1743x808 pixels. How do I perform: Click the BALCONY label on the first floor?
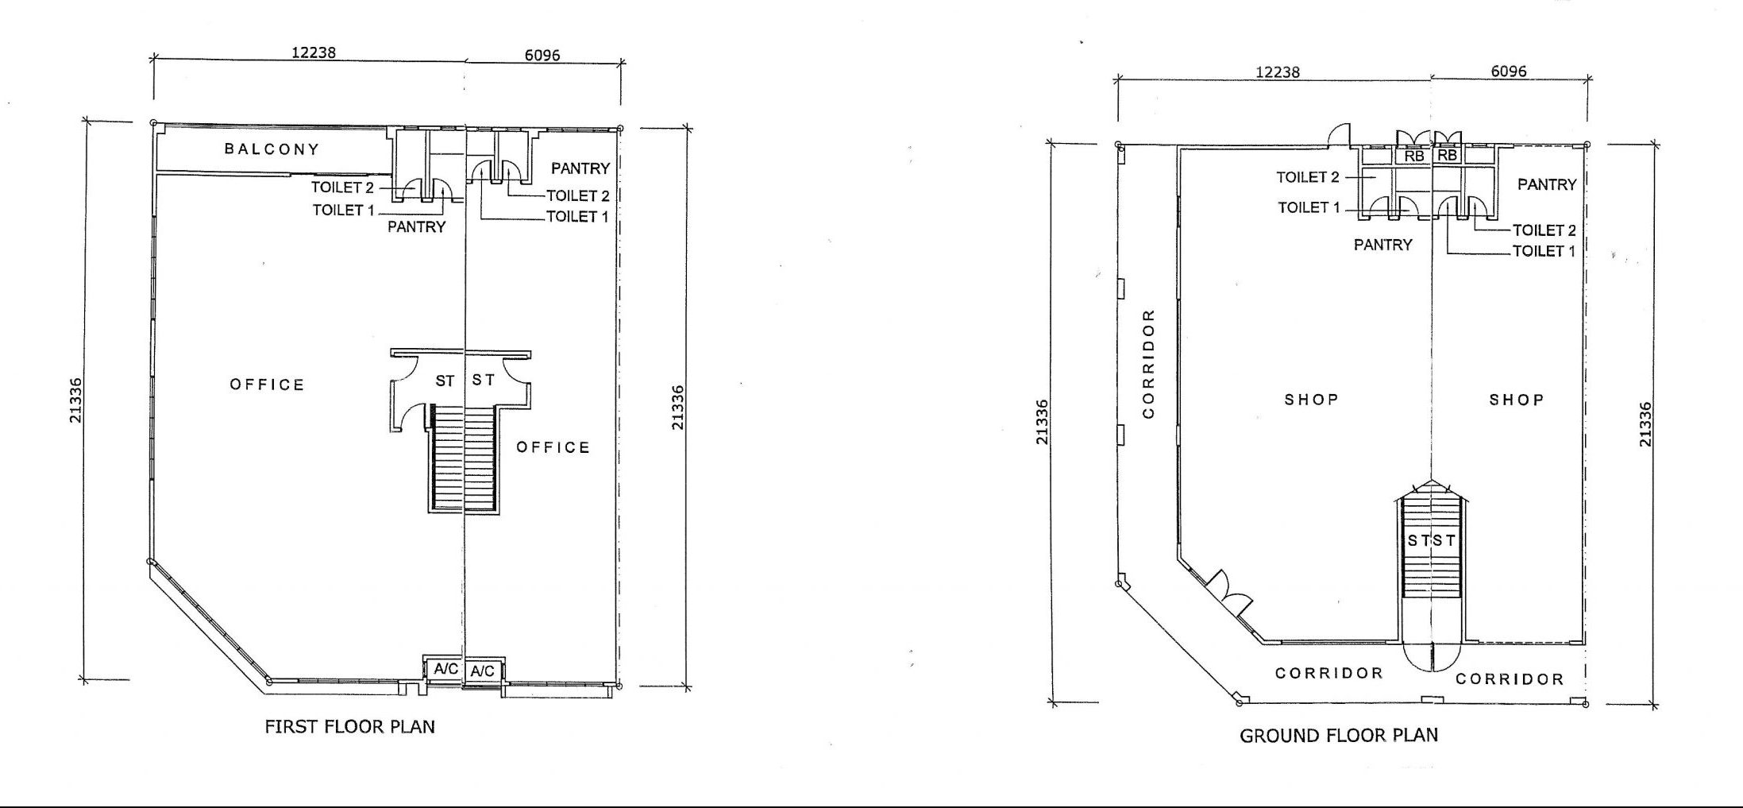tap(272, 149)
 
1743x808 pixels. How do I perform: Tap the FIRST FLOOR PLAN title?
tap(349, 726)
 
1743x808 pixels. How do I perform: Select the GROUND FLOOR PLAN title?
tap(1338, 735)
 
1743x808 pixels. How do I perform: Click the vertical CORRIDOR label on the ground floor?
tap(1148, 364)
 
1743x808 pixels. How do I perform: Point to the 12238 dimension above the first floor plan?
tap(314, 52)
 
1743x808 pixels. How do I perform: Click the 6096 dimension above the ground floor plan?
tap(1508, 72)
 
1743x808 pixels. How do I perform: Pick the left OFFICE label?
tap(267, 385)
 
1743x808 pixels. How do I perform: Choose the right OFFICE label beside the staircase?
tap(553, 447)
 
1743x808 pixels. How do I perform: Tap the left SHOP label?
tap(1311, 399)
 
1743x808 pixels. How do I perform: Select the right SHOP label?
tap(1516, 400)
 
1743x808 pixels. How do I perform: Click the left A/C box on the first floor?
tap(445, 669)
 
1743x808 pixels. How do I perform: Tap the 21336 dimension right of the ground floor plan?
tap(1645, 424)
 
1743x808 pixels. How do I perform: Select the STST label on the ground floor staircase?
tap(1432, 541)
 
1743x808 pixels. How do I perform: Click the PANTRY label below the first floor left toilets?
tap(416, 226)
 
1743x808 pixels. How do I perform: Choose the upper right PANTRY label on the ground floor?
tap(1547, 184)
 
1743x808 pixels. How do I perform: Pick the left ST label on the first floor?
tap(445, 381)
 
